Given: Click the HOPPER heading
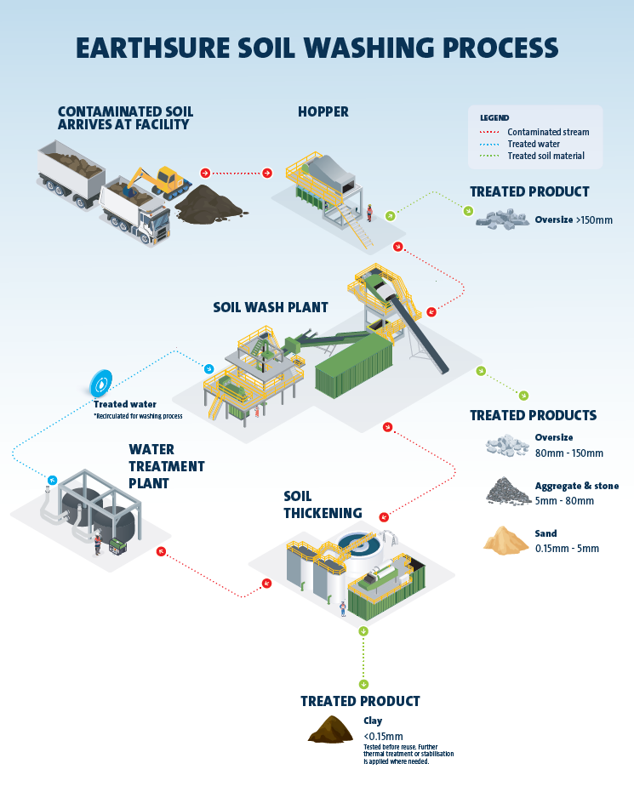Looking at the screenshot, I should [323, 111].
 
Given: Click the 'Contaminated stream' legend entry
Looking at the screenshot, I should [547, 132].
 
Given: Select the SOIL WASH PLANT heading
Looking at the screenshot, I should [270, 307].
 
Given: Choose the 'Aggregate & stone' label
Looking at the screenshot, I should [576, 486].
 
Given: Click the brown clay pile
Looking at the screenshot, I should [330, 729].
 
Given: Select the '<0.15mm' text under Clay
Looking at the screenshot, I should [383, 736].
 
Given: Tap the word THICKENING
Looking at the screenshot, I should [323, 513].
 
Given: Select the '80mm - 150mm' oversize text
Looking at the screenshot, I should [568, 453].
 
